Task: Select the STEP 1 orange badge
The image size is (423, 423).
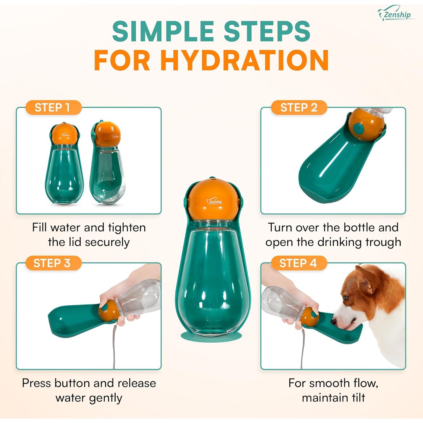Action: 52,108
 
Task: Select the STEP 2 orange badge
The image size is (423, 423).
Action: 299,108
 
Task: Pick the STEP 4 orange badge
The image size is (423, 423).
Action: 298,263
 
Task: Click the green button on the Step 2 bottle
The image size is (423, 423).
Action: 359,129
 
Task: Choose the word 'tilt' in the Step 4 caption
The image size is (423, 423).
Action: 358,398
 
